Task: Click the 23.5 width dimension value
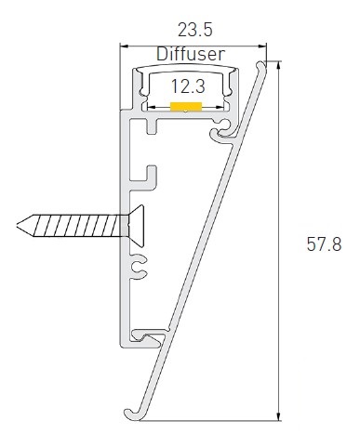[x=195, y=30]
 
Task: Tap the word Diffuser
[x=191, y=54]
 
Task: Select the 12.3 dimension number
[x=188, y=86]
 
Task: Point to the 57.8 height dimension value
[x=324, y=244]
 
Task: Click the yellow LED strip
[x=186, y=106]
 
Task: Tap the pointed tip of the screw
[x=18, y=226]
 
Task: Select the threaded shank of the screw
[x=76, y=226]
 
